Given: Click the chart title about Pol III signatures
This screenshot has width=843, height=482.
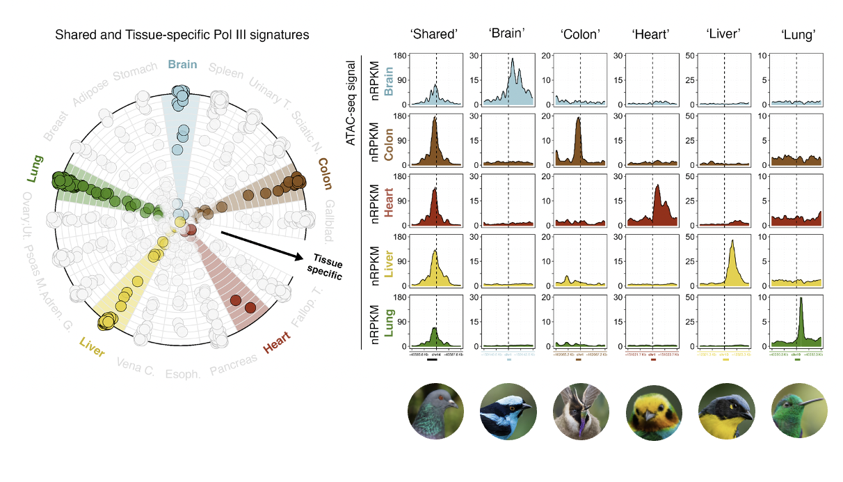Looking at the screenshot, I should (x=182, y=34).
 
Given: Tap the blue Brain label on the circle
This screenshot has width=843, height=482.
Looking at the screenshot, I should (x=182, y=65).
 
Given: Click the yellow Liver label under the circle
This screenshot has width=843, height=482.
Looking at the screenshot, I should (x=92, y=348).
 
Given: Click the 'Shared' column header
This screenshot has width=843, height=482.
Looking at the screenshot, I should (x=435, y=34).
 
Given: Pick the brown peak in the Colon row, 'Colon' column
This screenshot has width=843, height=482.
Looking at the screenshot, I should (x=579, y=139).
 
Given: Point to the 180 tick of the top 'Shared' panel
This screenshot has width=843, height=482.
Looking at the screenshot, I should (x=401, y=55).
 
